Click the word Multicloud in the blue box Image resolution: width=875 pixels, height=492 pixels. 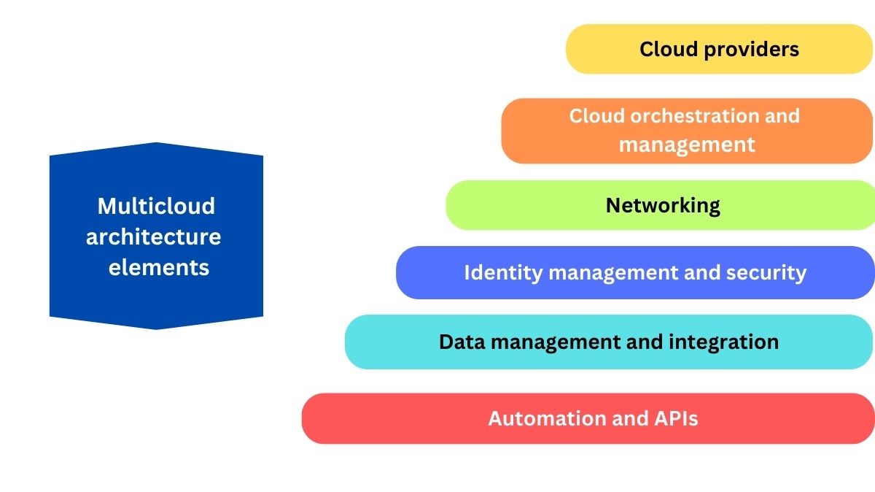point(156,206)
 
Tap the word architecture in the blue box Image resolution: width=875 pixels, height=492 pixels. point(153,237)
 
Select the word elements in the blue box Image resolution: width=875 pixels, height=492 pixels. point(159,267)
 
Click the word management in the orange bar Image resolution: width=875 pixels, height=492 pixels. point(687,145)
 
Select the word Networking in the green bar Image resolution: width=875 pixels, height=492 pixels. point(663,205)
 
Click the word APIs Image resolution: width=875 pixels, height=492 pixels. point(675,418)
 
